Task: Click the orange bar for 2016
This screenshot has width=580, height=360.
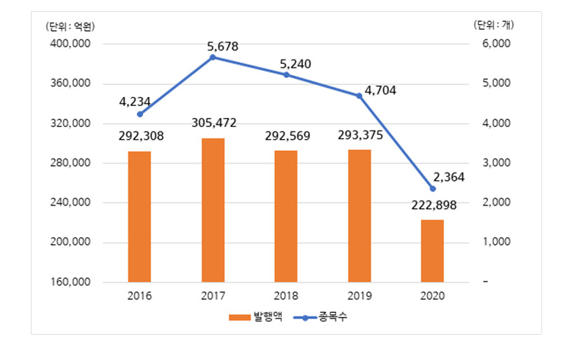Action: coord(140,217)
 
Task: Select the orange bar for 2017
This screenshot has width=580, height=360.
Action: coord(213,211)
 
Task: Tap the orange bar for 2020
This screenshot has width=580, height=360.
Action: coord(432,251)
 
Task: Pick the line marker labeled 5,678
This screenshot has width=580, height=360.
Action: coord(213,58)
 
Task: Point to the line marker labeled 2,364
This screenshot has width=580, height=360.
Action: coord(432,189)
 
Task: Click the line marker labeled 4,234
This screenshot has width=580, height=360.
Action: coord(140,114)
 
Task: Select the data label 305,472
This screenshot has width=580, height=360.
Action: coord(213,124)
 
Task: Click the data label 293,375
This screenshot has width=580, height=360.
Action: coord(359,135)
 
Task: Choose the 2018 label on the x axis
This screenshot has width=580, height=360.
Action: coord(286,296)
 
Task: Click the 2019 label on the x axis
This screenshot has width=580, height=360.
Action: coord(359,296)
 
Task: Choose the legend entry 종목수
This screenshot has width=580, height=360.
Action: coord(322,317)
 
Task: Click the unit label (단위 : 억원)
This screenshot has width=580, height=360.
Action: coord(69,27)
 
